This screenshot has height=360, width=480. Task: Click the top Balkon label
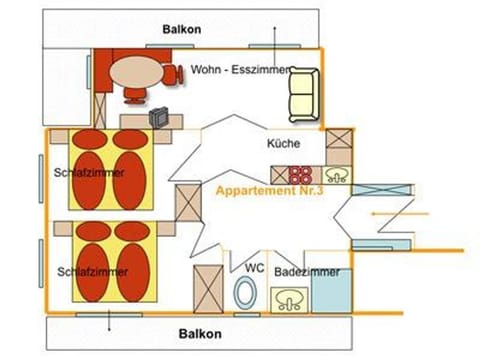(x=182, y=29)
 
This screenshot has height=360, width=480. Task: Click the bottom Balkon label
(x=200, y=333)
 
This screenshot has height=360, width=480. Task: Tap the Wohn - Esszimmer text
(x=240, y=70)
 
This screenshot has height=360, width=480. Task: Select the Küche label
(x=283, y=144)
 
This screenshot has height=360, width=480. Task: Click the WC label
(x=254, y=267)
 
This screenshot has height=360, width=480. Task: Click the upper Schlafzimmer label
(x=91, y=173)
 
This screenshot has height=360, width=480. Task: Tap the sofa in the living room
(x=302, y=95)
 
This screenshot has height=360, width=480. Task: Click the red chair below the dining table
(x=134, y=95)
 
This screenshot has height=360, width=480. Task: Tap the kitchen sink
(x=337, y=175)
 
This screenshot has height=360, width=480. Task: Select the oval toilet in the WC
(x=244, y=295)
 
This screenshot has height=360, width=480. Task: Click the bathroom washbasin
(x=289, y=299)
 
